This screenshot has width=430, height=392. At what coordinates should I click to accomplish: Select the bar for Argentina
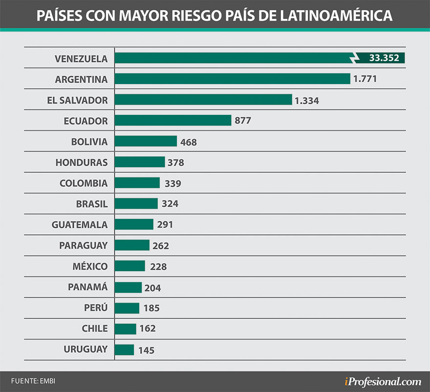click(x=233, y=79)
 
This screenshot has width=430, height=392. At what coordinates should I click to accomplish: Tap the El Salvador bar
click(x=203, y=100)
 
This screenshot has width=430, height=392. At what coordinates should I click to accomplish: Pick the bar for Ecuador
click(x=173, y=120)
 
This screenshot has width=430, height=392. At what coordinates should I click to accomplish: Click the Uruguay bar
click(x=125, y=349)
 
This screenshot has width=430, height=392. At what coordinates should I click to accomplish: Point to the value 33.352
click(x=384, y=58)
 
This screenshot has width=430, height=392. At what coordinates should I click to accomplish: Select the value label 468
click(x=188, y=142)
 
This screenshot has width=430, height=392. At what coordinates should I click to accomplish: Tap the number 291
click(x=165, y=225)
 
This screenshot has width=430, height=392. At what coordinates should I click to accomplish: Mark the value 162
click(x=148, y=329)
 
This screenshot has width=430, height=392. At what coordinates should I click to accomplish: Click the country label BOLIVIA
click(x=89, y=142)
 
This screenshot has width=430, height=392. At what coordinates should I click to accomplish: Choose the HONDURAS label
click(x=82, y=162)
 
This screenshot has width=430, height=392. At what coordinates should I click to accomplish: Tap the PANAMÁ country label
click(x=87, y=287)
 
